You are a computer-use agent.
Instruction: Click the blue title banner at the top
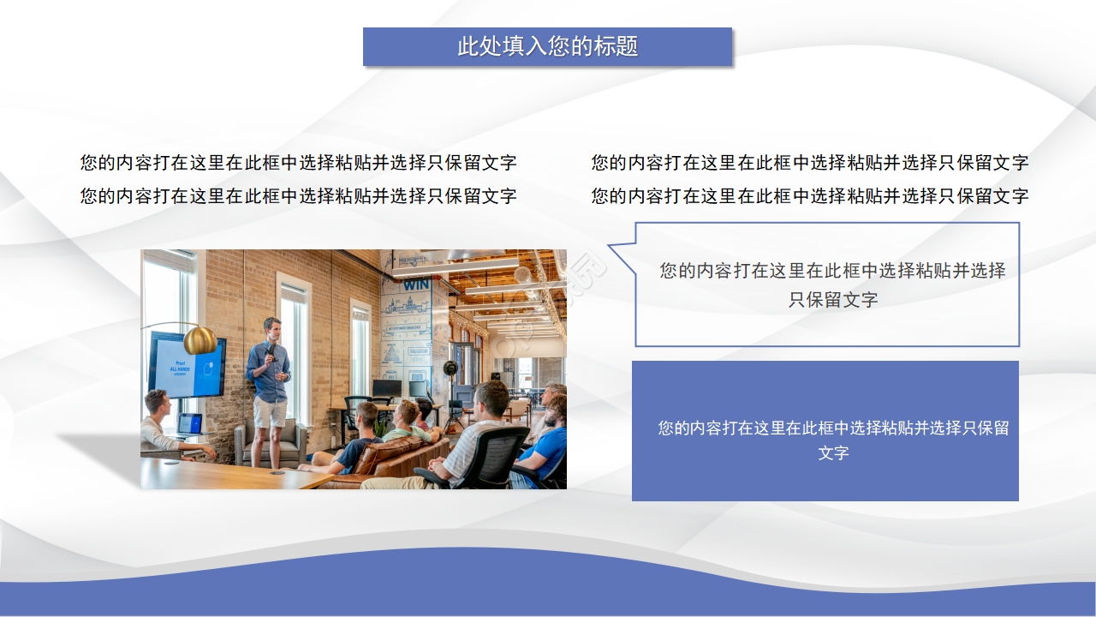547,46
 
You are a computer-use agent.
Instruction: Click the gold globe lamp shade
200,339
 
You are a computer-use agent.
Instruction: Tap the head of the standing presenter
271,328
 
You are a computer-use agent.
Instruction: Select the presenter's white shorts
271,412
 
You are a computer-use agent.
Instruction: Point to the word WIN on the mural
416,284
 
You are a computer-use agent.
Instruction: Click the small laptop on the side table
190,423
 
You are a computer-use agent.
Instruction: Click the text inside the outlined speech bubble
832,285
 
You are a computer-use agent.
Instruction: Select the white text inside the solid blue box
832,439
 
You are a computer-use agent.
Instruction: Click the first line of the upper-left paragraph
298,163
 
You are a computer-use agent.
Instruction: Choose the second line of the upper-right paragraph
809,196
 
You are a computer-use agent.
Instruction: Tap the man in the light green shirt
409,428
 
